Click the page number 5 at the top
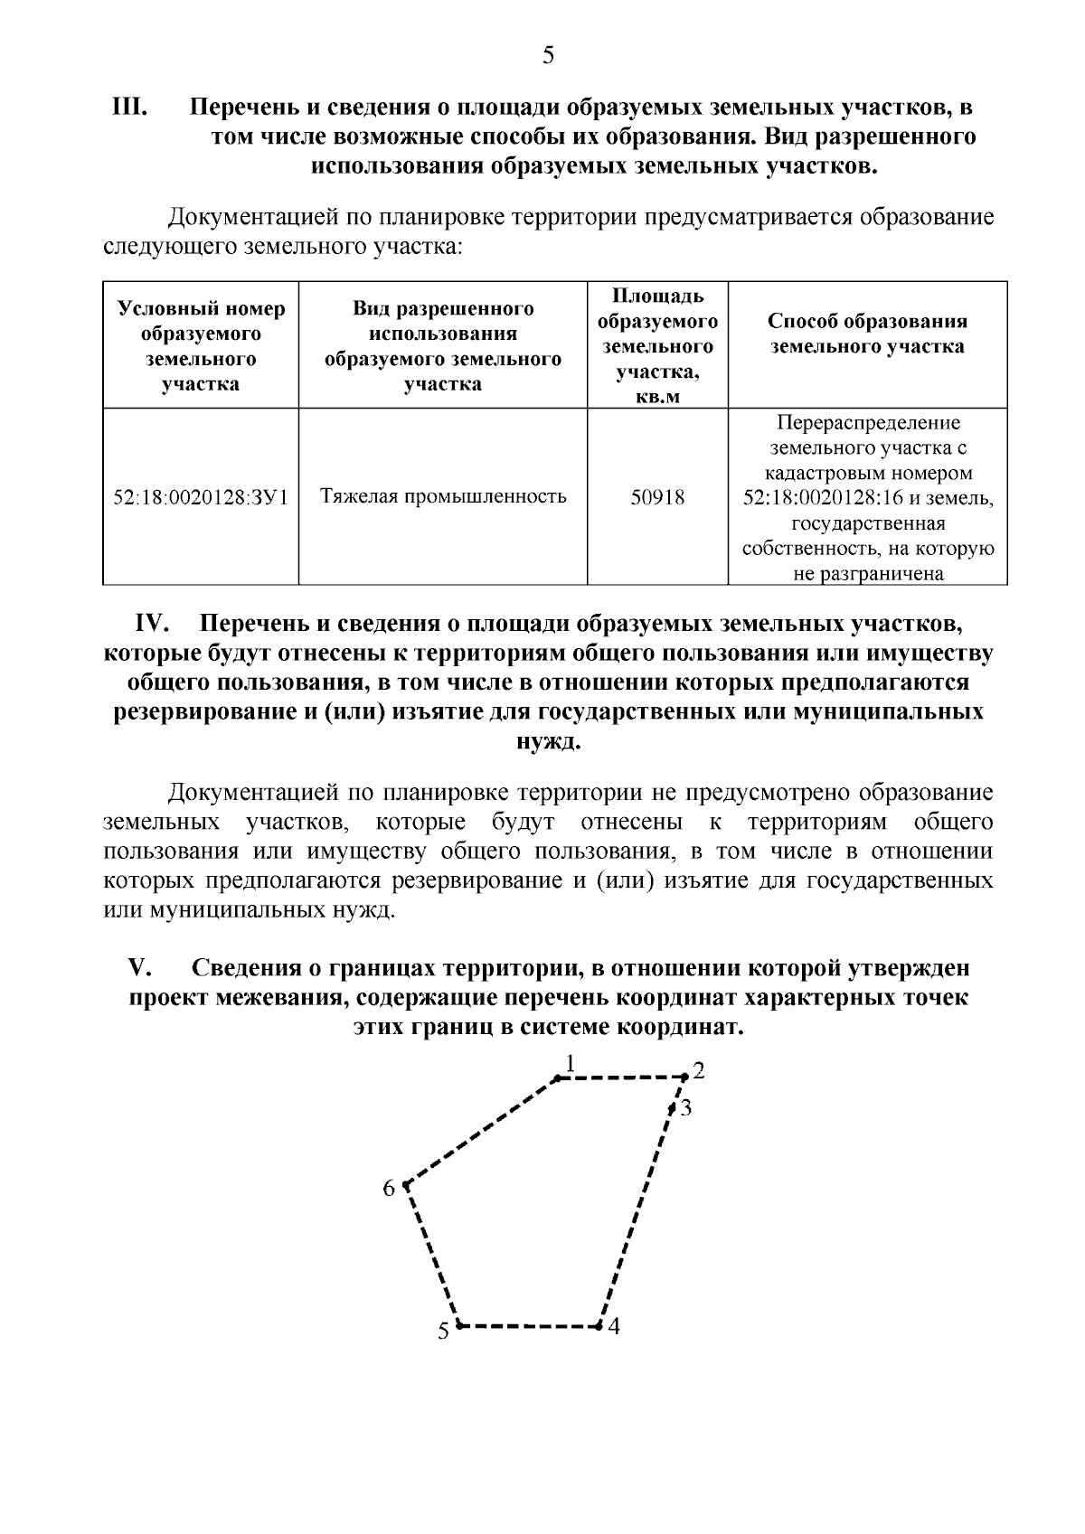[547, 56]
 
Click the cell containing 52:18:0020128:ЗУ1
[201, 497]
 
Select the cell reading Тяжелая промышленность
[443, 496]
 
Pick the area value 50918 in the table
[657, 497]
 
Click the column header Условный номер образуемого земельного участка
[201, 346]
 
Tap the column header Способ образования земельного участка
[867, 334]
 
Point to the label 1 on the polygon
[570, 1062]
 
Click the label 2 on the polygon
[698, 1072]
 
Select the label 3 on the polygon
[686, 1107]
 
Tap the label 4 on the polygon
[614, 1327]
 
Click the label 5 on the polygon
[443, 1331]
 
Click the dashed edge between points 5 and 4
[529, 1326]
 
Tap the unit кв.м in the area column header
[657, 397]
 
